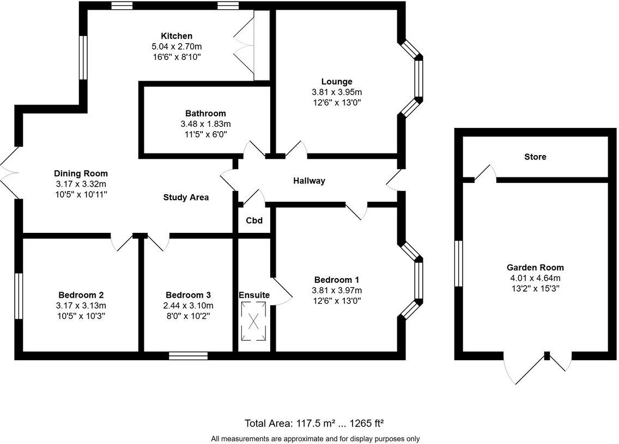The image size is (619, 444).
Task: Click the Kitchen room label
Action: [x=177, y=36]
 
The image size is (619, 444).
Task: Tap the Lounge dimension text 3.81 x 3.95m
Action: [x=336, y=92]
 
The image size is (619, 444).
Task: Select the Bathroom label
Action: [x=205, y=113]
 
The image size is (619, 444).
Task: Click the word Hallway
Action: [x=309, y=181]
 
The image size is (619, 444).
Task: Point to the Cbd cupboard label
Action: [x=254, y=220]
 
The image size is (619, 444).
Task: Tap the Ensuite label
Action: [x=254, y=295]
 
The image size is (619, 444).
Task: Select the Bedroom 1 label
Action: [x=336, y=280]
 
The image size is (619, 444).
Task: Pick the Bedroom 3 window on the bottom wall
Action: [x=188, y=356]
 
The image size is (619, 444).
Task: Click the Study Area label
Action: [x=186, y=198]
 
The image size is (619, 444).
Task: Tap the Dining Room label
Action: [x=81, y=174]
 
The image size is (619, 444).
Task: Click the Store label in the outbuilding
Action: [x=535, y=157]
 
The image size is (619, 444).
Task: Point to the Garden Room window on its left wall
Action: [x=458, y=263]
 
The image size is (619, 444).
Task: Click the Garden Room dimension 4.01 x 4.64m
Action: [x=535, y=278]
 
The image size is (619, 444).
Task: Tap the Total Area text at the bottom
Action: [x=315, y=423]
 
